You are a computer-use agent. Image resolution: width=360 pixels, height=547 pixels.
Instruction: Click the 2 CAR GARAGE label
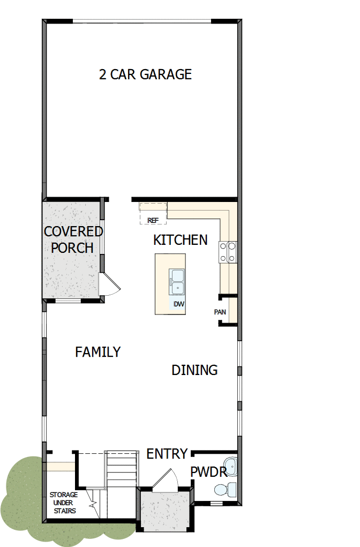pos(145,74)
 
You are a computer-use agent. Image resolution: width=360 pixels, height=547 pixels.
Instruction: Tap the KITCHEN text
pos(180,240)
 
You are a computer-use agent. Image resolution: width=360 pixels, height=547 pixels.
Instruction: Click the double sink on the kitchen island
pos(177,281)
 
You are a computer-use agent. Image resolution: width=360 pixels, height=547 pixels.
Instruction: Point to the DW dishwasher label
pos(178,304)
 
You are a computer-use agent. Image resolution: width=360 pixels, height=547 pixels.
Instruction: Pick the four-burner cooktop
pos(228,252)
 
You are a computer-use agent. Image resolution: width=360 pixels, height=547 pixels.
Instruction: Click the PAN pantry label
pos(220,311)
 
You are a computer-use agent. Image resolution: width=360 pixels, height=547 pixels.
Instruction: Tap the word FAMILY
pos(97,352)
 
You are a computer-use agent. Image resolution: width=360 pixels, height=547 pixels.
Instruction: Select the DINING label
pos(194,370)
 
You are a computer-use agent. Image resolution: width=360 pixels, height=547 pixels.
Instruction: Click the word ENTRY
pos(167,454)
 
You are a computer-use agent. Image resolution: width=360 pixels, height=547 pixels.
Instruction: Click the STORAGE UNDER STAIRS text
pos(64,503)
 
